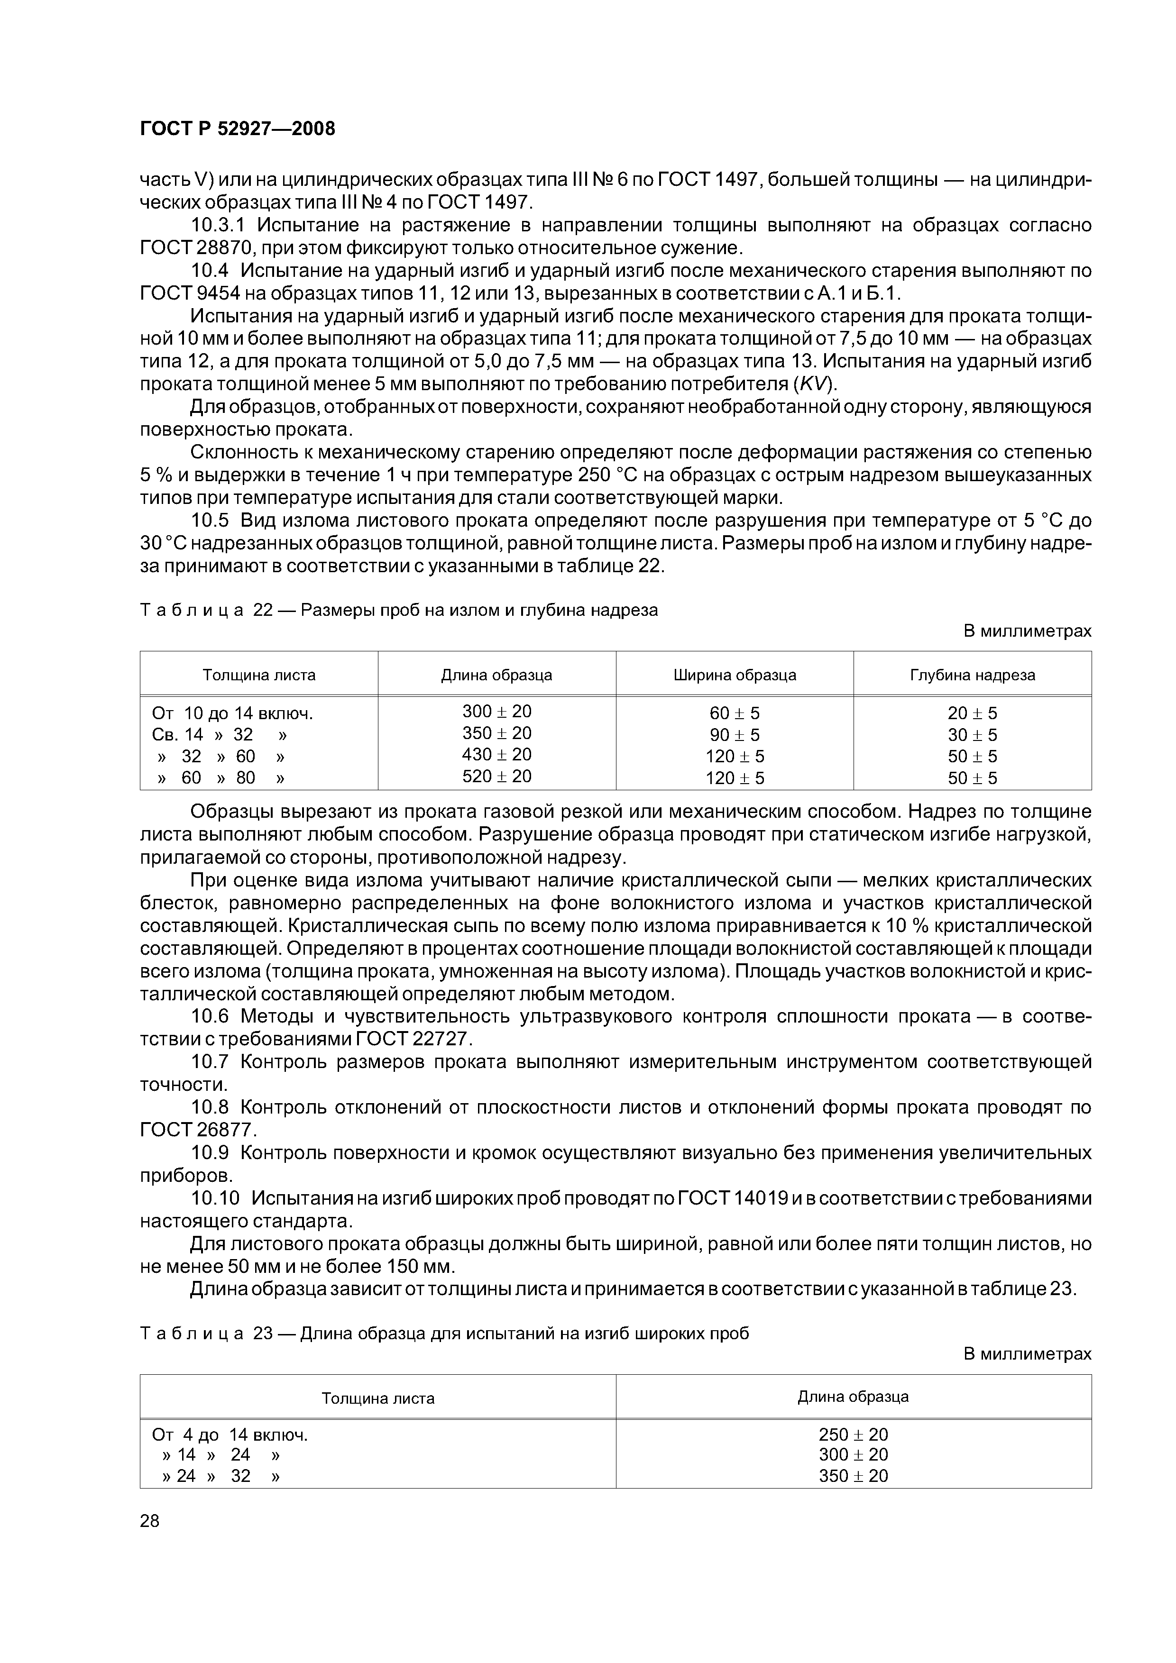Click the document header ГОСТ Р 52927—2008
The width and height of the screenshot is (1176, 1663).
[x=237, y=129]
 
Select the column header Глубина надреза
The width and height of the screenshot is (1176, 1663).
[x=973, y=675]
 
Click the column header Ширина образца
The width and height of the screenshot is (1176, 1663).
[x=735, y=675]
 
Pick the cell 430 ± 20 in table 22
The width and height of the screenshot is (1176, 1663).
[x=497, y=755]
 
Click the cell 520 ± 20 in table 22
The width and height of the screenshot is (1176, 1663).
[x=497, y=777]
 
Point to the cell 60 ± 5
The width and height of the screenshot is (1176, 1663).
[x=735, y=713]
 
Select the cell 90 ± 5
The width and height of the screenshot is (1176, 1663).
[x=735, y=735]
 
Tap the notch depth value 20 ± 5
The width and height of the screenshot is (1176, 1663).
[x=973, y=713]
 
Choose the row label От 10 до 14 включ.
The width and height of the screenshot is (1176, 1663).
[x=232, y=714]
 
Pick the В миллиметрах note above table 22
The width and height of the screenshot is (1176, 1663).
[x=1027, y=631]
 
